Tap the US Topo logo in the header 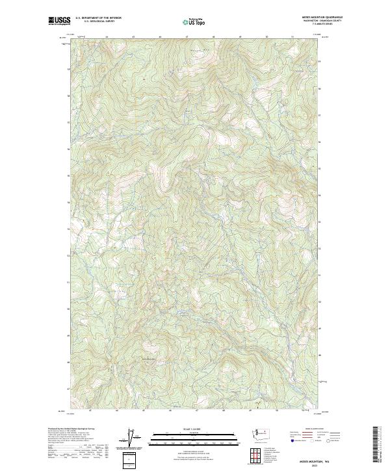tap(194, 21)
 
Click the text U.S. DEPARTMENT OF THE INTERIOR tap(98, 18)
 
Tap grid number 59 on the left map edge tap(68, 69)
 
